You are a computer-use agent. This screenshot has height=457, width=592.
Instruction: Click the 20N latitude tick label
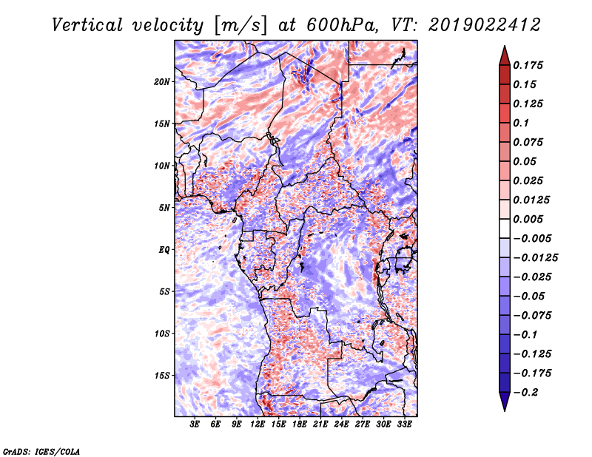(162, 82)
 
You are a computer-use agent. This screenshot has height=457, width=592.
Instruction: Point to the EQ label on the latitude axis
(164, 250)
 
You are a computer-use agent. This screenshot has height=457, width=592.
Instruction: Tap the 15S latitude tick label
(162, 376)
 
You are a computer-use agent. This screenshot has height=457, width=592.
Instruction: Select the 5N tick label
(164, 208)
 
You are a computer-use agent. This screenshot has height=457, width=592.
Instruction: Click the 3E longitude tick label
(195, 424)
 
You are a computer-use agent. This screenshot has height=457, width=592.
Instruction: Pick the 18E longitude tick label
(300, 424)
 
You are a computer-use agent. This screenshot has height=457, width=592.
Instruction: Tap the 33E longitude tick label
(404, 424)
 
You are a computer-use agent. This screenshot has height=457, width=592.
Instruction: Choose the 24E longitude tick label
(341, 424)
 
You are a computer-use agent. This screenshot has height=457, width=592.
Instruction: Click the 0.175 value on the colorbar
(528, 65)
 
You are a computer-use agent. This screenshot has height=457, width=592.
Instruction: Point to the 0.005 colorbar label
(528, 219)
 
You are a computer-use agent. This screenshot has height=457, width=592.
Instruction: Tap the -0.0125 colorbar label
(535, 258)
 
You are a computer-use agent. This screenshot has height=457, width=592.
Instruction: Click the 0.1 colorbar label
(521, 123)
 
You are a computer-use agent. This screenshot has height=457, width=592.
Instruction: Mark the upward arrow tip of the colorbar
(505, 46)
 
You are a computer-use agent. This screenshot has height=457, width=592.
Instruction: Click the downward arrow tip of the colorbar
(505, 411)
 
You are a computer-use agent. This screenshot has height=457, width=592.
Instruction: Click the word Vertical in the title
(87, 25)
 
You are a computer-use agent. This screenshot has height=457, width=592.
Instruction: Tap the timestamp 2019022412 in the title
(485, 25)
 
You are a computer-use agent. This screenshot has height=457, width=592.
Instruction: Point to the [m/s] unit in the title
(240, 26)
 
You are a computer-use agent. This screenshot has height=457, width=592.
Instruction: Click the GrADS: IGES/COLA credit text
(41, 451)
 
